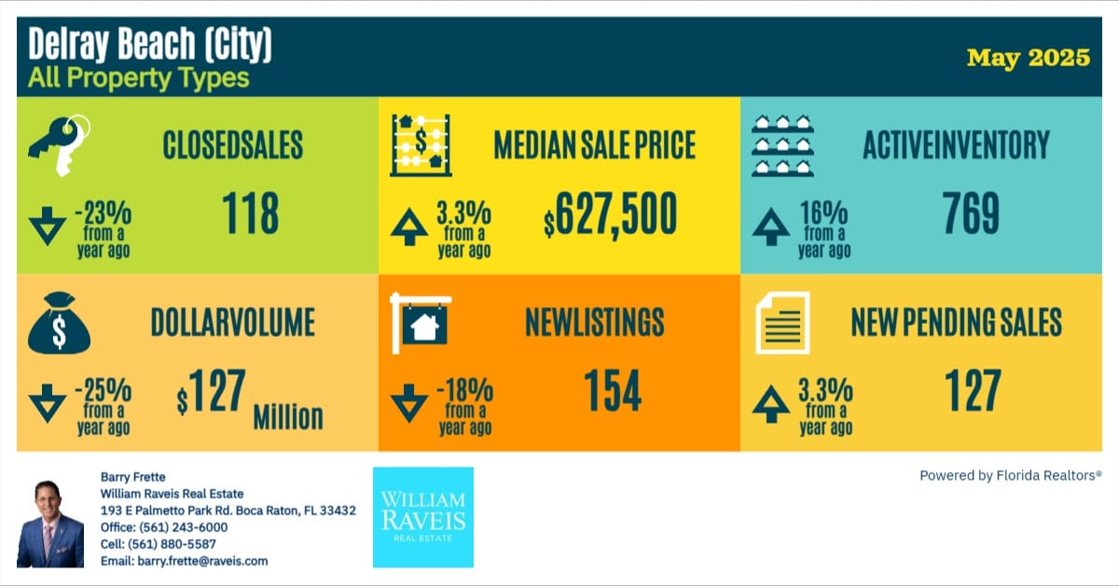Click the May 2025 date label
[x=1028, y=58]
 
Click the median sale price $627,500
[x=611, y=216]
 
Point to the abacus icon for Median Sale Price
[x=420, y=144]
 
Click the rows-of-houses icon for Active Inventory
[x=781, y=145]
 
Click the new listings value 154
[x=612, y=391]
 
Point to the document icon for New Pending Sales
[x=781, y=323]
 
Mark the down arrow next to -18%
[x=408, y=404]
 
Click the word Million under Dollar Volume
[x=288, y=416]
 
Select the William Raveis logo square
[x=422, y=517]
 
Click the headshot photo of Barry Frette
[x=50, y=523]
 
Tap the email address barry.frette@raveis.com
[x=184, y=561]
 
